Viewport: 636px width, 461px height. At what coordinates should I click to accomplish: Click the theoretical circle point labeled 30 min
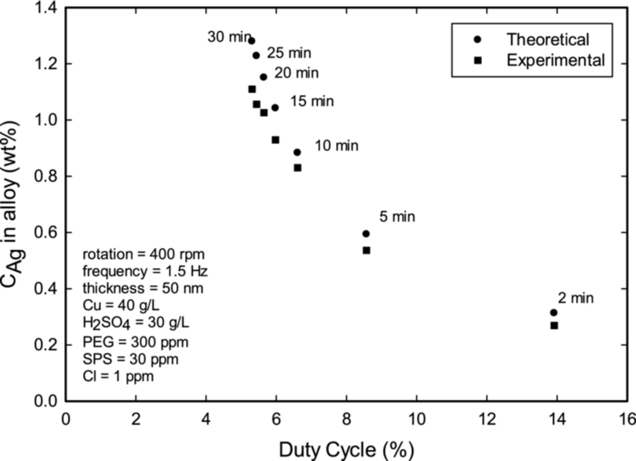252,41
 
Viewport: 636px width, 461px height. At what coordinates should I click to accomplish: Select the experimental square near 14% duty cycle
554,325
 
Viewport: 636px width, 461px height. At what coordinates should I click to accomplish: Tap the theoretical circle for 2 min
554,313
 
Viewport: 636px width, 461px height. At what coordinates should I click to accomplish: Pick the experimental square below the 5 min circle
366,250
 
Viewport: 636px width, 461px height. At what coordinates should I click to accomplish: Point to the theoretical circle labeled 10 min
297,152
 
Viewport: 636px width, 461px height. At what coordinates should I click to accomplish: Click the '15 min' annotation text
312,101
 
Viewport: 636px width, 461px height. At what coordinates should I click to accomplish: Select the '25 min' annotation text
289,53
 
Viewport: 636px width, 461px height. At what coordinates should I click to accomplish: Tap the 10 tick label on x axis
417,419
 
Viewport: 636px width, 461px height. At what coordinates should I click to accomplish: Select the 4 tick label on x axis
206,419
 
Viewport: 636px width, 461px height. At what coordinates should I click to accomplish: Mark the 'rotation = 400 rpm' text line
143,254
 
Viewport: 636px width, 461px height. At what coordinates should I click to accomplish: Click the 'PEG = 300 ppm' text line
135,342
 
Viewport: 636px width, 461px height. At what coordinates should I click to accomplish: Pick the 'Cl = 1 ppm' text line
118,376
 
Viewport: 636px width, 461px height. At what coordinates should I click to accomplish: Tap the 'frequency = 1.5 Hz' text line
145,271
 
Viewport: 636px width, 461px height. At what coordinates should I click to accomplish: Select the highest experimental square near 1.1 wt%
252,89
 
